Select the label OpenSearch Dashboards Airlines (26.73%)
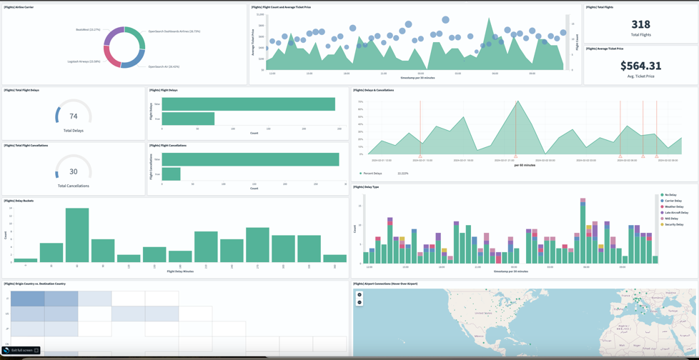(174, 31)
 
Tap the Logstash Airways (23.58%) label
(84, 61)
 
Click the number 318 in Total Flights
(640, 24)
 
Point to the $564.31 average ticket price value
(640, 66)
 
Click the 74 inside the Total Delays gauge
(73, 116)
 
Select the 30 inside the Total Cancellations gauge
(73, 171)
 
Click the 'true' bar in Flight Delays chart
(188, 119)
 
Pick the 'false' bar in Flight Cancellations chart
(250, 159)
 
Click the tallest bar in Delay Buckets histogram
(77, 235)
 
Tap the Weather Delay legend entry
(673, 207)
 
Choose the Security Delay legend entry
(673, 224)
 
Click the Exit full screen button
(21, 350)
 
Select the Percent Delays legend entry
(372, 174)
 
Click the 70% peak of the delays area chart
(516, 102)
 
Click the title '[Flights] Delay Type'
(366, 187)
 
